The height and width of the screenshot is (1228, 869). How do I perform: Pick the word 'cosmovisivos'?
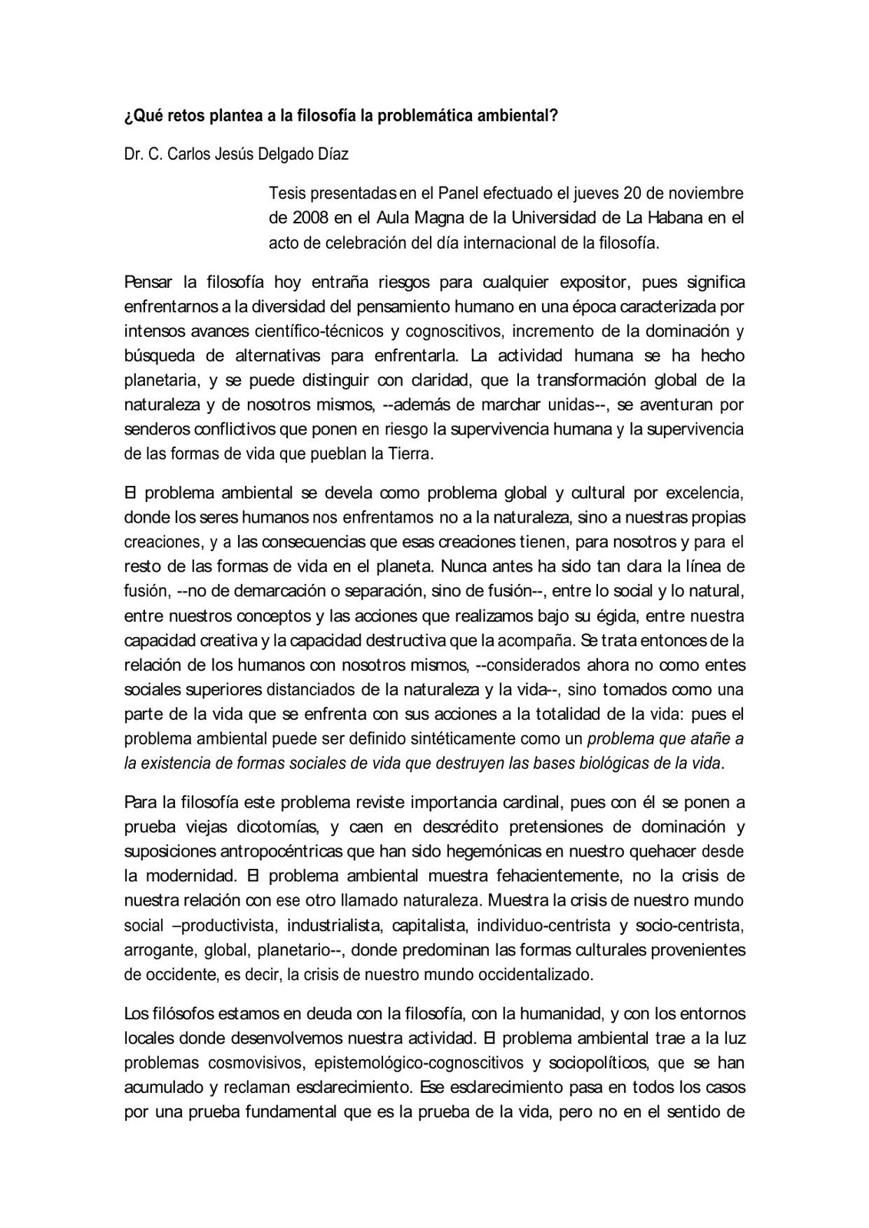[x=257, y=1063]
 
